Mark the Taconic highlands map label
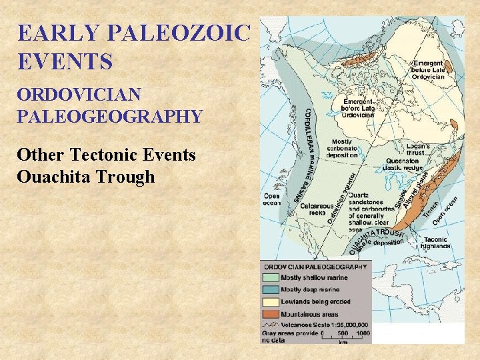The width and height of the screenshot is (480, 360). pyautogui.click(x=437, y=242)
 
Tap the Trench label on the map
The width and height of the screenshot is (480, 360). pyautogui.click(x=432, y=206)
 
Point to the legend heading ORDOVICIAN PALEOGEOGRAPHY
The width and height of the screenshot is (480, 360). pyautogui.click(x=315, y=267)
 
